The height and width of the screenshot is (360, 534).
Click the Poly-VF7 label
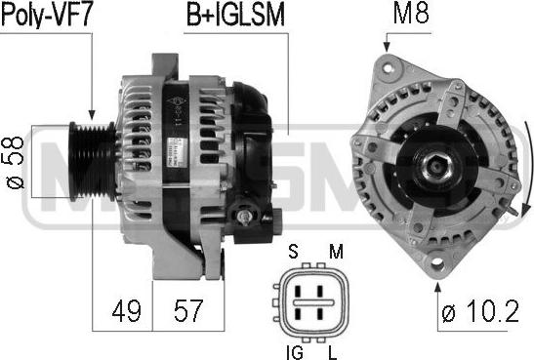[x=47, y=15]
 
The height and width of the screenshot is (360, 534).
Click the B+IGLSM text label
[x=235, y=16]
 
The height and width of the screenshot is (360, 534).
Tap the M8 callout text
[x=411, y=13]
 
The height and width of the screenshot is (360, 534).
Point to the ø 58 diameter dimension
[x=15, y=162]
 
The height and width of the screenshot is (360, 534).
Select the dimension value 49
[x=126, y=310]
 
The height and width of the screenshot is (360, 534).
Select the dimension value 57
[x=188, y=310]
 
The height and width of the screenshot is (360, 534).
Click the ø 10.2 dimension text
[x=480, y=310]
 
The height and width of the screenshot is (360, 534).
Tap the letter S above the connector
[x=293, y=252]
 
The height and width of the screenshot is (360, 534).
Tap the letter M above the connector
[x=336, y=252]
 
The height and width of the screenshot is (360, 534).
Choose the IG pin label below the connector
[x=295, y=352]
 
